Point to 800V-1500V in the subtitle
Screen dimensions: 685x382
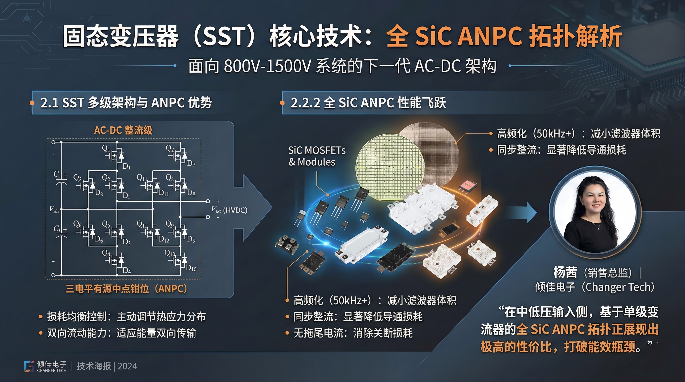pos(267,66)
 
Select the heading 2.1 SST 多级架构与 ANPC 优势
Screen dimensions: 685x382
pos(126,103)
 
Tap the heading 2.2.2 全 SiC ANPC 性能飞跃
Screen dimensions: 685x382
pos(368,103)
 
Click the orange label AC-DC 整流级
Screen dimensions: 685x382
pos(123,130)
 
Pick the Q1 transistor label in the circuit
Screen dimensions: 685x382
pos(106,148)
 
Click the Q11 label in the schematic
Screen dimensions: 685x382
pos(142,178)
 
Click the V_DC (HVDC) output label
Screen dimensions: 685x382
pos(229,210)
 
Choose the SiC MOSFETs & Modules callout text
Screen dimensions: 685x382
pos(317,156)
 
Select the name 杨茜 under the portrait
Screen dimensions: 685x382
pos(565,272)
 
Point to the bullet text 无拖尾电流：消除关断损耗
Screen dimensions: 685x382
pos(353,333)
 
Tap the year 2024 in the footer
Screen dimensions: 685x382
pos(127,366)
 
